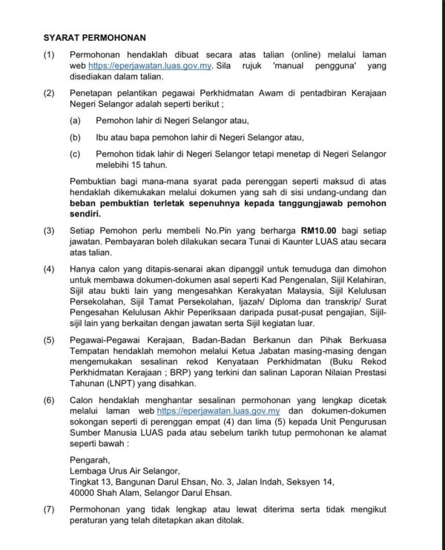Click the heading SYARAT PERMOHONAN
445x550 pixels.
(x=94, y=37)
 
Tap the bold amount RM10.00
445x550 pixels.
(x=320, y=231)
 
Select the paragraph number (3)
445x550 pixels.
(x=49, y=231)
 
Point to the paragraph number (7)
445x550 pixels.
(x=49, y=510)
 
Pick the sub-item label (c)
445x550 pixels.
(x=75, y=154)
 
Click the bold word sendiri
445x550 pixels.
(x=87, y=213)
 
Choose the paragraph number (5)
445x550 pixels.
(x=49, y=339)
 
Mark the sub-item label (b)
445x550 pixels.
(x=75, y=137)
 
